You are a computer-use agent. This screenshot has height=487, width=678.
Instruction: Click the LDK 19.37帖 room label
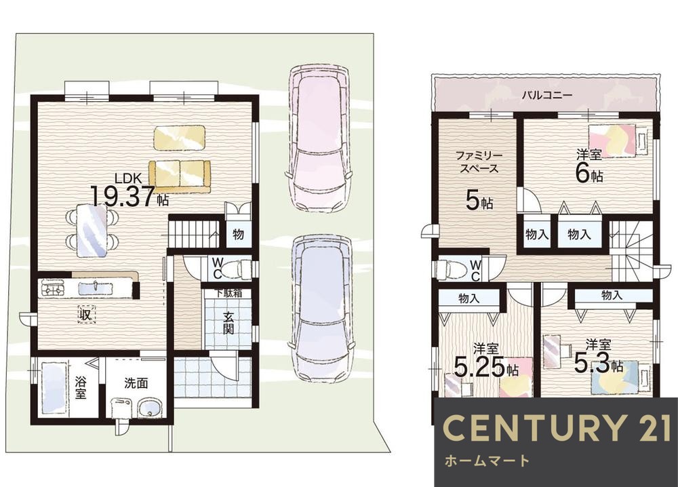(x=129, y=190)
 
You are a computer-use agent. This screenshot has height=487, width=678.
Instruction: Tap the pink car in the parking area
(x=319, y=139)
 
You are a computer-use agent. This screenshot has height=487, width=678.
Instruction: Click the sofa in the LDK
(x=180, y=176)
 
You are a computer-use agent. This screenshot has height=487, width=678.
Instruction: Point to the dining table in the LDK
(x=92, y=230)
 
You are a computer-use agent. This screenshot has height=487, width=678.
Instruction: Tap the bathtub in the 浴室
(x=54, y=389)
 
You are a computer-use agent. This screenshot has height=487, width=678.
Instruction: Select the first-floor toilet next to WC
(x=237, y=265)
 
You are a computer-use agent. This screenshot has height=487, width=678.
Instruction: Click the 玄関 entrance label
(x=228, y=323)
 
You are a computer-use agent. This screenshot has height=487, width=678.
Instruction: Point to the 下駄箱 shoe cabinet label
(x=228, y=293)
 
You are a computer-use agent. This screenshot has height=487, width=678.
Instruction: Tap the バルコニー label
(x=546, y=95)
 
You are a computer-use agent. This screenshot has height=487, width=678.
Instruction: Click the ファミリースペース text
(x=479, y=162)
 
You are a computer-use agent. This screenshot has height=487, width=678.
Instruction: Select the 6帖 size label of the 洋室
(x=589, y=174)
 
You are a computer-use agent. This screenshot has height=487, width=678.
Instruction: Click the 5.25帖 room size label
(x=486, y=368)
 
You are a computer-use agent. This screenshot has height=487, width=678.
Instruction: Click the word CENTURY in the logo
(x=532, y=428)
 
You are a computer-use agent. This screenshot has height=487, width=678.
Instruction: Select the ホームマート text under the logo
(x=487, y=461)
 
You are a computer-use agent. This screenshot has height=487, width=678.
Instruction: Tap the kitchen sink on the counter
(x=96, y=287)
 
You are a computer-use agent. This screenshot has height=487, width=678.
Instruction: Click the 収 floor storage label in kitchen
(x=85, y=315)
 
